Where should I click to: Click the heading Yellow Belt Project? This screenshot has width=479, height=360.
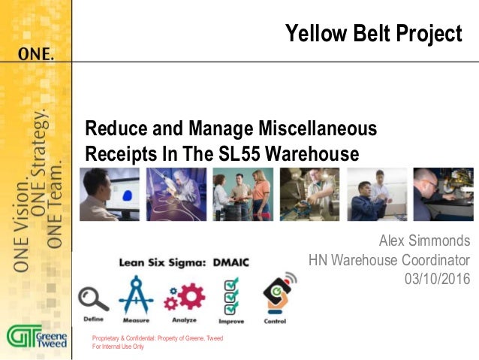coord(373,34)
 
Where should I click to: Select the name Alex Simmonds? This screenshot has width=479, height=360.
coord(424,241)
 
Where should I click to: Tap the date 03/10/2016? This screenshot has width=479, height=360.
coord(436,279)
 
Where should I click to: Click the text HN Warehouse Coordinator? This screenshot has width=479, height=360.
coord(389,260)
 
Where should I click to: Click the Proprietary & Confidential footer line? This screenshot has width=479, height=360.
coord(157,338)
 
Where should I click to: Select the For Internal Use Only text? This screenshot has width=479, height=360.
coord(117,346)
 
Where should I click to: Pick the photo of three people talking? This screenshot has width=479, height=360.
coord(242,194)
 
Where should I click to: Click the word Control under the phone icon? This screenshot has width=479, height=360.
coord(275,321)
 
